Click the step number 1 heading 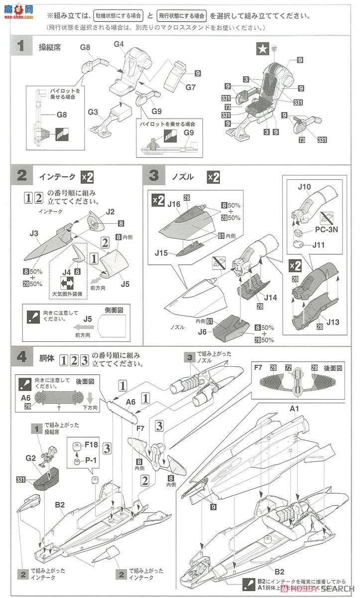click(21, 47)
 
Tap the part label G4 click(119, 44)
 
